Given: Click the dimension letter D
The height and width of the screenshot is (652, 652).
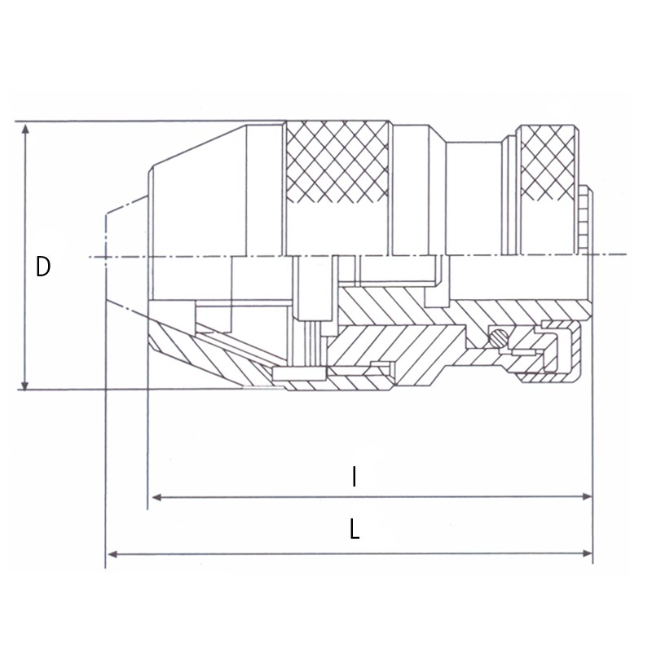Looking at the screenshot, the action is (x=43, y=267).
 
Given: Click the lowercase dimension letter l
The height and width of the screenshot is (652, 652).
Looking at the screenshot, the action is (x=354, y=477).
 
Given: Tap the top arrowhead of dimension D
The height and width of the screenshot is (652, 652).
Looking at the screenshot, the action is (x=26, y=129).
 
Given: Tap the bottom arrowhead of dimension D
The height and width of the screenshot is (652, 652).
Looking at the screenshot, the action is (x=25, y=384).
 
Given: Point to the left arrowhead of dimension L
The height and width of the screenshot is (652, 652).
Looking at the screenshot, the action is (x=113, y=554).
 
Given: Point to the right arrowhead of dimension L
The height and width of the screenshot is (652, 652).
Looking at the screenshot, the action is (x=587, y=553).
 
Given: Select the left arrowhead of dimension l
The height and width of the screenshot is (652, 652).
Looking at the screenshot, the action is (x=156, y=497).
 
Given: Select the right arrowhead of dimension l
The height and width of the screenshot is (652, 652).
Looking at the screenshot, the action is (x=587, y=496).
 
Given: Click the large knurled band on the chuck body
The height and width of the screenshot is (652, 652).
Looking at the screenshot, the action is (x=337, y=161).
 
